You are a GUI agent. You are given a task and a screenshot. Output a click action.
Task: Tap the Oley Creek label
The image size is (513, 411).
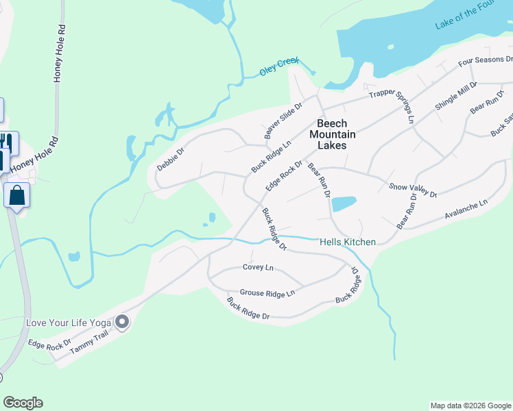point(279,66)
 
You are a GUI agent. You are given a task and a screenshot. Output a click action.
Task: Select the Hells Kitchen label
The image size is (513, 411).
point(347,242)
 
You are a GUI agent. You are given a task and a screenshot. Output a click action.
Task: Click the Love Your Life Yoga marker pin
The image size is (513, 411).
point(123,321)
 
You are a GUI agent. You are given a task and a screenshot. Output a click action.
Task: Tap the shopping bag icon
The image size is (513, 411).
point(16,195)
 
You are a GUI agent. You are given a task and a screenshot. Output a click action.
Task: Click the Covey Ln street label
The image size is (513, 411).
point(258,267)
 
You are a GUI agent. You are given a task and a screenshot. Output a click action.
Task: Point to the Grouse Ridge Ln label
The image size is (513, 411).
point(267,293)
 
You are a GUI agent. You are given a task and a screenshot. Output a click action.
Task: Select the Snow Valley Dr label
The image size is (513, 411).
point(413,190)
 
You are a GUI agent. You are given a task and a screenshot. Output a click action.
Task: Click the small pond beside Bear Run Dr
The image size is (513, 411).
point(344,203)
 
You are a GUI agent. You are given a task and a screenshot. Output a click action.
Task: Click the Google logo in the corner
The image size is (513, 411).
point(23,403)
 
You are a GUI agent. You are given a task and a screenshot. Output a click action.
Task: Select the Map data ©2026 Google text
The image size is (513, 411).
point(470,406)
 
